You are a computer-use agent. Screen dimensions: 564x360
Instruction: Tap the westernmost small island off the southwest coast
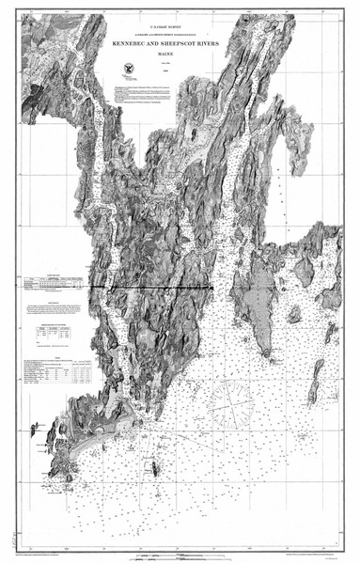tap(35, 429)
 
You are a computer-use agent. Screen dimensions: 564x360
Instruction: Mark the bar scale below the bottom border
tap(179, 556)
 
